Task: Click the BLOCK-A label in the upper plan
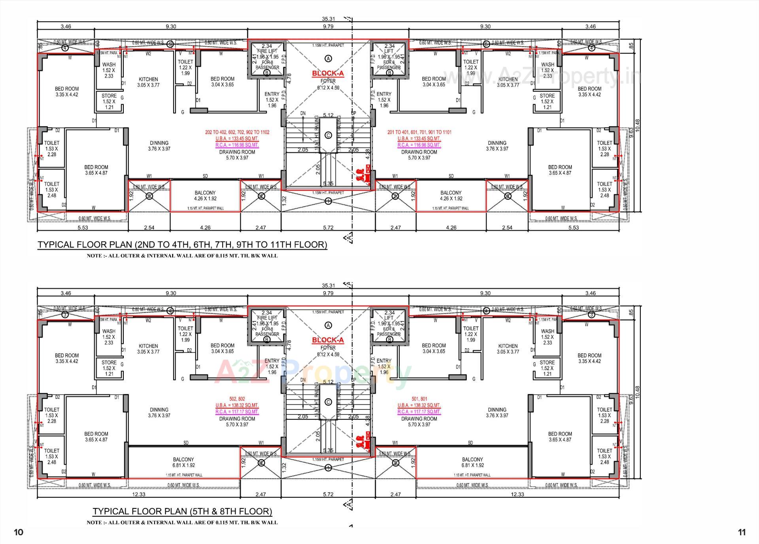[x=328, y=73]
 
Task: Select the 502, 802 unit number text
[x=237, y=399]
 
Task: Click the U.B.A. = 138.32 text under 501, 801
[x=419, y=405]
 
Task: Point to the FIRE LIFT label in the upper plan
[x=267, y=51]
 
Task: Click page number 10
[x=19, y=532]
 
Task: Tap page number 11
[x=742, y=532]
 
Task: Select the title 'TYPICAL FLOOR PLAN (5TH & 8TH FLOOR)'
[x=182, y=511]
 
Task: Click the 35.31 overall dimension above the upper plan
[x=328, y=19]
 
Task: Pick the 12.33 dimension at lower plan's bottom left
[x=139, y=494]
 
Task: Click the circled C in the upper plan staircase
[x=328, y=135]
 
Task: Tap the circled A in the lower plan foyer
[x=328, y=325]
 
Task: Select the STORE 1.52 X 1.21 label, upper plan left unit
[x=109, y=101]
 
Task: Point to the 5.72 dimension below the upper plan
[x=328, y=227]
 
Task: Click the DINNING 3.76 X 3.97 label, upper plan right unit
[x=497, y=146]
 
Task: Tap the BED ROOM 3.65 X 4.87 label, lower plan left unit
[x=96, y=436]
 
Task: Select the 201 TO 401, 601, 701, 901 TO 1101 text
[x=419, y=132]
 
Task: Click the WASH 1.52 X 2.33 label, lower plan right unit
[x=548, y=337]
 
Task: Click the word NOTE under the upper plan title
[x=94, y=256]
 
